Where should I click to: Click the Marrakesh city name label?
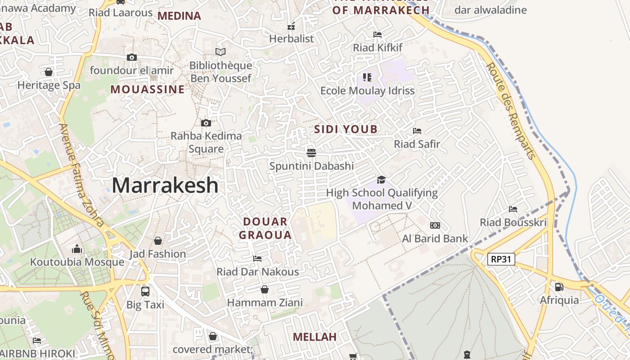pos(165,185)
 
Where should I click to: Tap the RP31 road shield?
pos(501,259)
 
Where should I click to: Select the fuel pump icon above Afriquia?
pos(559,287)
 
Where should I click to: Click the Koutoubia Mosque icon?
pos(77,249)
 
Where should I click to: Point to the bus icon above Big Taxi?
pos(145,291)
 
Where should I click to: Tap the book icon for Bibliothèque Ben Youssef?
pos(220,52)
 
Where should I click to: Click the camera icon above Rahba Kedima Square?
pos(206,123)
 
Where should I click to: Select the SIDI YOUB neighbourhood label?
pos(346,130)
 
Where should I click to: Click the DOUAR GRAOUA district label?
pos(265,228)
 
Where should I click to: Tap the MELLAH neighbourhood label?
pos(315,337)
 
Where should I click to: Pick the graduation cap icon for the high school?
pos(381,180)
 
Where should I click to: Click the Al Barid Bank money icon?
pos(435,225)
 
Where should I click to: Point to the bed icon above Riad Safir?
pos(417,131)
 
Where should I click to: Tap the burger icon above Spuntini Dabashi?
pos(311,153)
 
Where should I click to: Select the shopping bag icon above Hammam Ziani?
pos(265,289)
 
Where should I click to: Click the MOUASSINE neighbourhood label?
pos(148,89)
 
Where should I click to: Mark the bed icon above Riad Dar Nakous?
pos(257,259)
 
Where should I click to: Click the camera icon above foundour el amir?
pos(131,57)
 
